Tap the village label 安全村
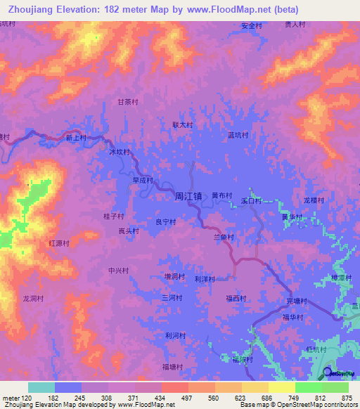click(252, 25)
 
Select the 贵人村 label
click(295, 24)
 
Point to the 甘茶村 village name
click(128, 102)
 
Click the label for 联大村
click(183, 125)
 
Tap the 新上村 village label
click(76, 138)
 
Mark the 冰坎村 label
click(120, 151)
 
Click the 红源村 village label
click(59, 243)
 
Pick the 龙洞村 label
click(34, 298)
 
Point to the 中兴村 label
click(118, 271)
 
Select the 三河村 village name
click(172, 298)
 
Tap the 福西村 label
click(236, 298)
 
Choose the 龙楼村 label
click(314, 200)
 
